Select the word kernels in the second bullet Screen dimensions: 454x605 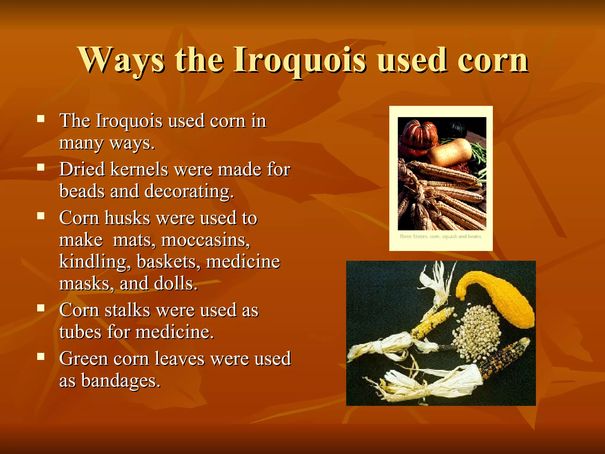coord(139,170)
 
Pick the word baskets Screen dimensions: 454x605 coord(168,262)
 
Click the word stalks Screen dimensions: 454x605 coord(127,310)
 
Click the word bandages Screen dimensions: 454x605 coord(121,381)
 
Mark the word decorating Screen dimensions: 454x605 coord(189,191)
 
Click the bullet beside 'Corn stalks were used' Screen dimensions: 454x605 coord(41,308)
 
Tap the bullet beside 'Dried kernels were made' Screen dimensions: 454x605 coord(41,168)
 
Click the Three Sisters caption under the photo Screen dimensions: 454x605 coord(440,236)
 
